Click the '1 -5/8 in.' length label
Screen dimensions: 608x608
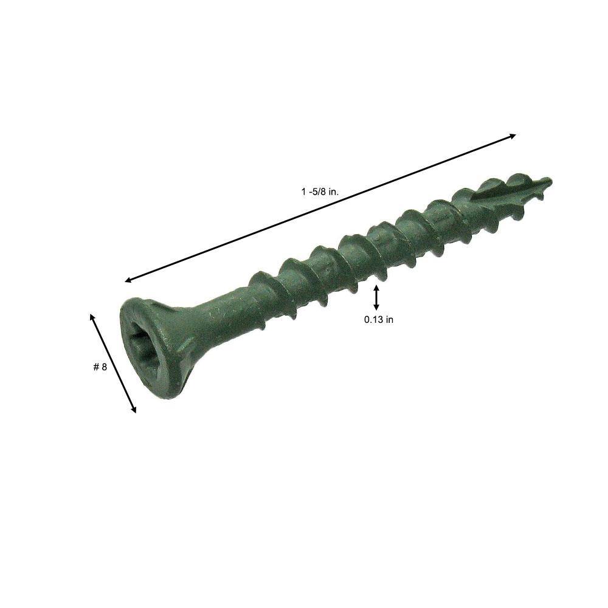coord(320,191)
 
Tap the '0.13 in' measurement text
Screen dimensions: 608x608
coord(378,320)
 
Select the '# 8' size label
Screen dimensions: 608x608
coord(100,367)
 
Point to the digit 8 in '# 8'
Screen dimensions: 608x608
coord(105,367)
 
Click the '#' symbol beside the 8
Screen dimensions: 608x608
coord(96,367)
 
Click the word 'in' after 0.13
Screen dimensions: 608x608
coord(389,320)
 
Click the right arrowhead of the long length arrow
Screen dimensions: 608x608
coord(513,136)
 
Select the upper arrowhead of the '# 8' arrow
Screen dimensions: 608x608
coord(92,316)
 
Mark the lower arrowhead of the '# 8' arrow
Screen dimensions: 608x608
coord(134,410)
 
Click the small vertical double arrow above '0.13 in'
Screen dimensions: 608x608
coord(376,298)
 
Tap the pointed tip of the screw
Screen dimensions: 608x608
coord(548,181)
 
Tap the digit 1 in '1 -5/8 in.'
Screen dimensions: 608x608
coord(303,191)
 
